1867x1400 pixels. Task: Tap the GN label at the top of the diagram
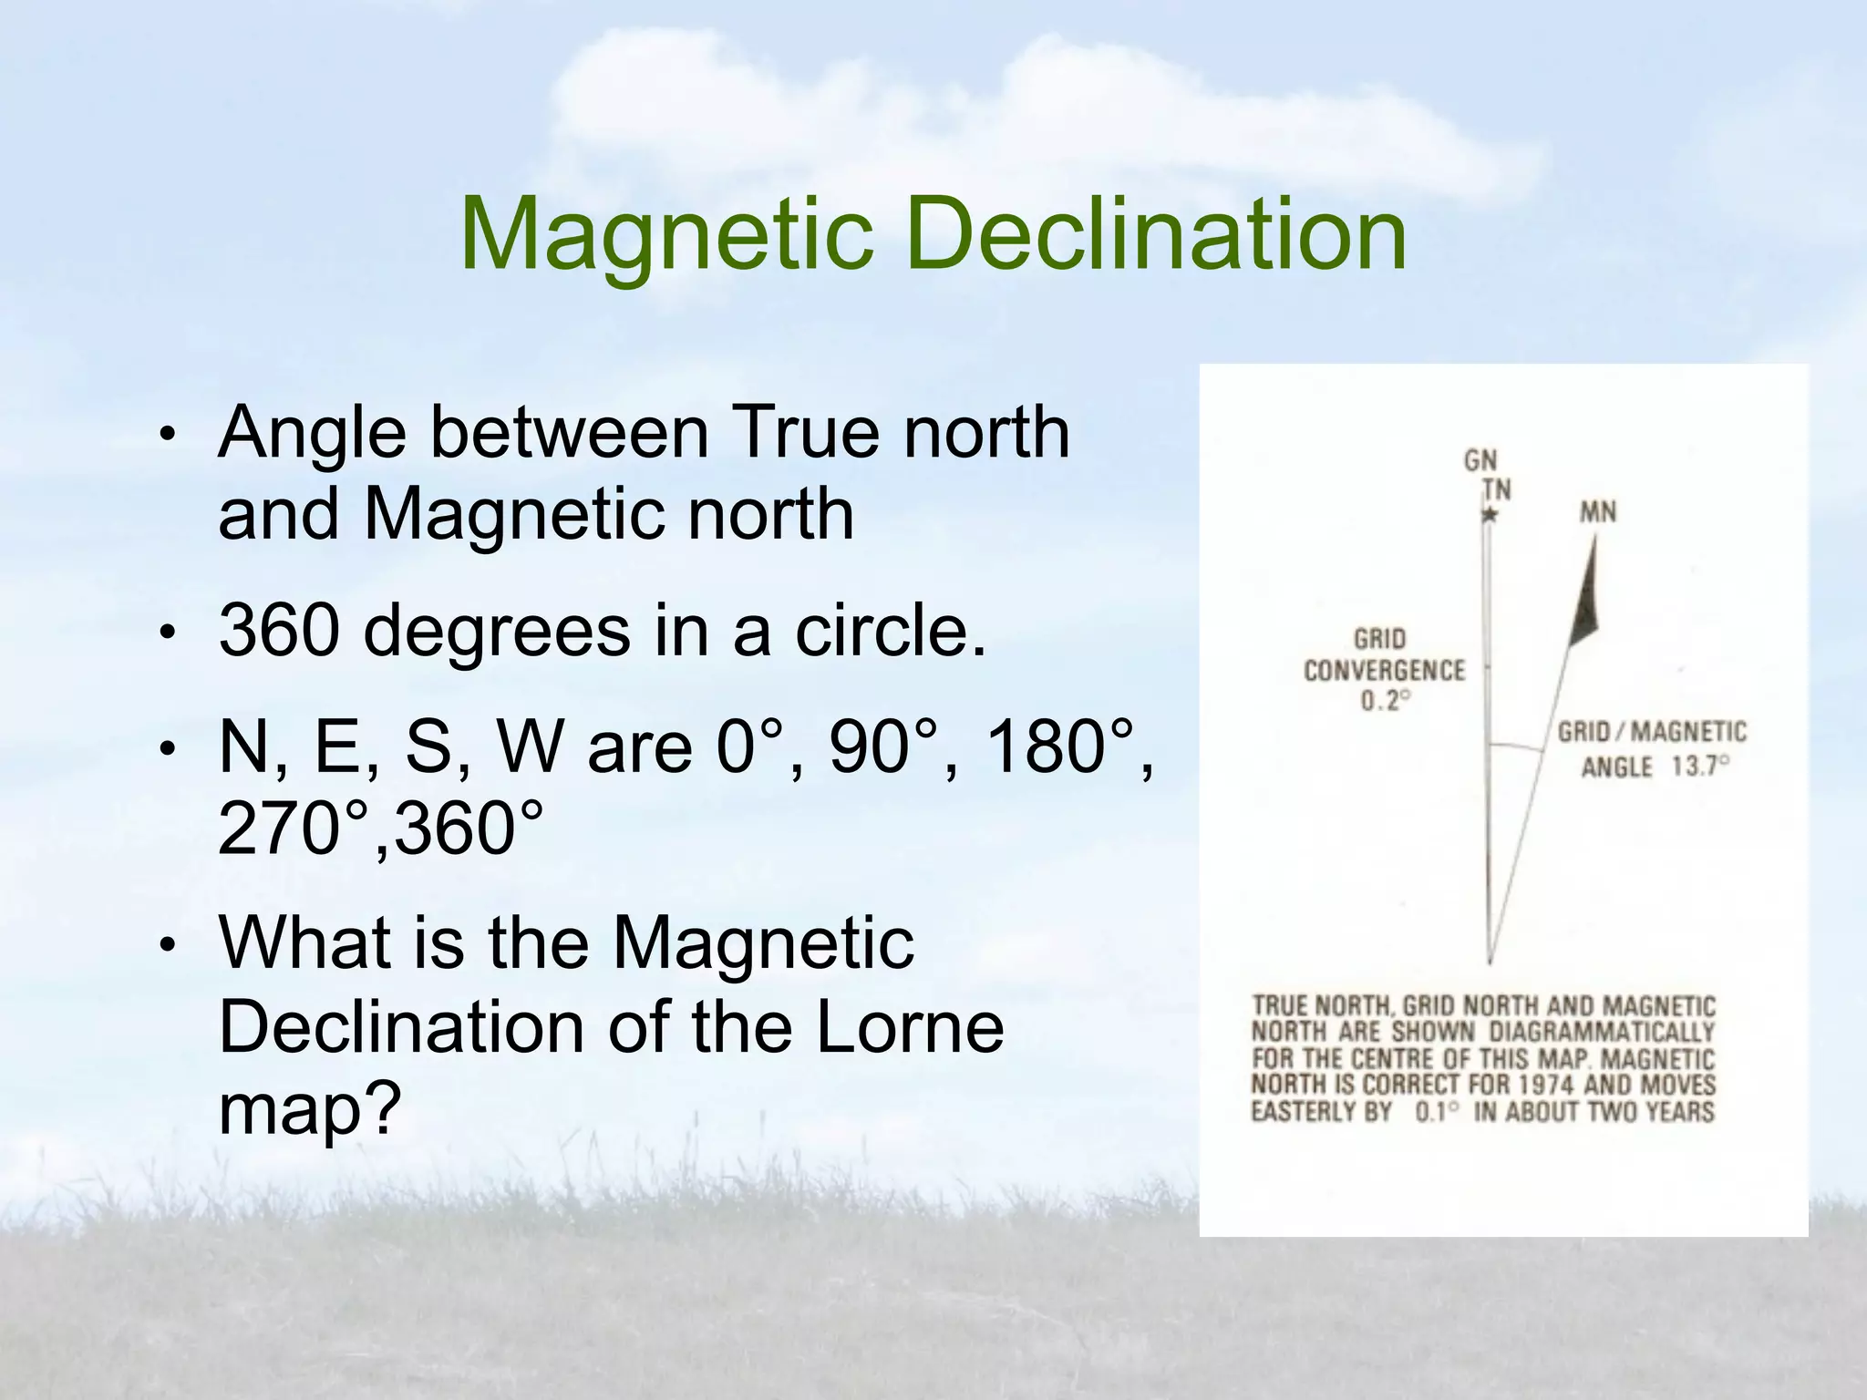pos(1480,461)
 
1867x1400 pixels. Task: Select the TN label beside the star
pos(1497,490)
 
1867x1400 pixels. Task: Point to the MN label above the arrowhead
pos(1597,513)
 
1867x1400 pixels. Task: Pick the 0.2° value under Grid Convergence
pos(1386,701)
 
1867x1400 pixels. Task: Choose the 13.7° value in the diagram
pos(1699,766)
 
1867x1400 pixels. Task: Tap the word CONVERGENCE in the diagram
pos(1384,671)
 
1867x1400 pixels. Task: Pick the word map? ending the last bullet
pos(310,1108)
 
